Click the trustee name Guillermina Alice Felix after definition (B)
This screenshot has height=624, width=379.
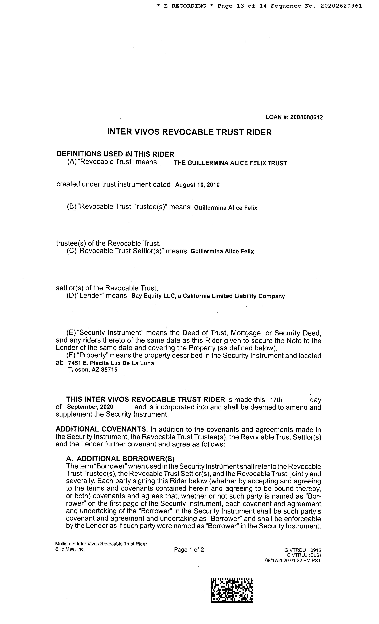pos(225,208)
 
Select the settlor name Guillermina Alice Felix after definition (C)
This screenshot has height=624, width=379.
pos(222,251)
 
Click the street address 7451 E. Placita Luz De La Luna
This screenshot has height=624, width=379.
pos(111,363)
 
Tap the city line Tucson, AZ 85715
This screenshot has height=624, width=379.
pos(93,370)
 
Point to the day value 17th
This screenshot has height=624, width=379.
pos(276,400)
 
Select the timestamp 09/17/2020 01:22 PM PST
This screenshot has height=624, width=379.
pos(293,560)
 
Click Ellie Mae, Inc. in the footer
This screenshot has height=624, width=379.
pos(70,549)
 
